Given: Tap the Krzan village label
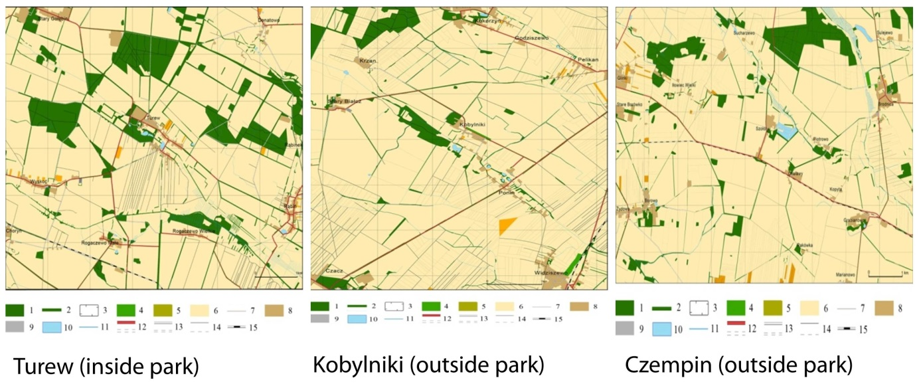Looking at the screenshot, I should click(368, 60).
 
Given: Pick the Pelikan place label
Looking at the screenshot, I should click(588, 60).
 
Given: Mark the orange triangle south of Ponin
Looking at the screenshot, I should click(506, 225).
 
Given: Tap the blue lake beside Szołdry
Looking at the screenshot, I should click(786, 131).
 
